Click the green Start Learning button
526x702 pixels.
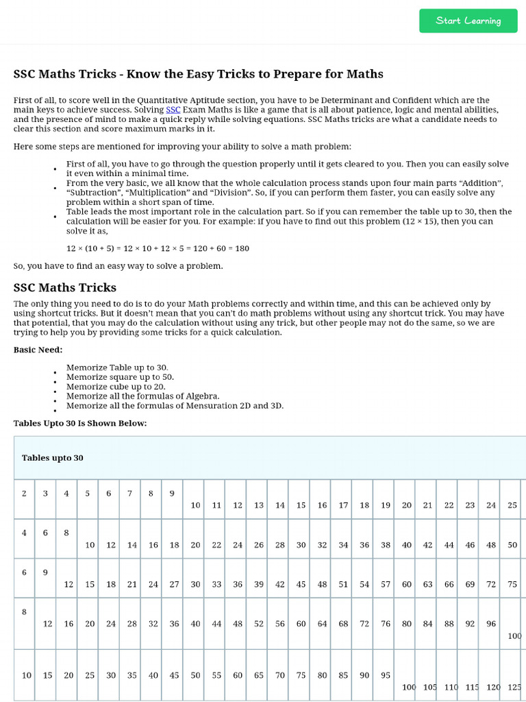click(468, 21)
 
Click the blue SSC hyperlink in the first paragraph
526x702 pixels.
click(173, 110)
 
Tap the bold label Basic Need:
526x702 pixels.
click(38, 350)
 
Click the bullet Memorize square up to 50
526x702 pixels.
click(120, 377)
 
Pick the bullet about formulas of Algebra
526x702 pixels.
click(142, 396)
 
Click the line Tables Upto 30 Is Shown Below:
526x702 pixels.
click(80, 423)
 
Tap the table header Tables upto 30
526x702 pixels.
click(53, 457)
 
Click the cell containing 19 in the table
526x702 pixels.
click(386, 505)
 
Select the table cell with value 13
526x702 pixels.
click(259, 505)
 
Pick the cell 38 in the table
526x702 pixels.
click(386, 545)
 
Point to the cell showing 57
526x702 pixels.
click(386, 584)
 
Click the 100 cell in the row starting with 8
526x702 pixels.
click(514, 636)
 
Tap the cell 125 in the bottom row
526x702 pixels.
click(514, 687)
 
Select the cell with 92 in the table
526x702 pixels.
click(470, 624)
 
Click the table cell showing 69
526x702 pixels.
click(470, 584)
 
